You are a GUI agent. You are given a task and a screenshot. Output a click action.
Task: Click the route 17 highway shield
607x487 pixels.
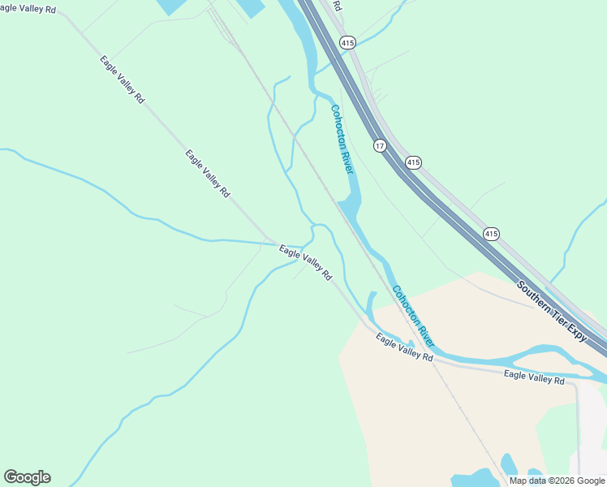point(380,145)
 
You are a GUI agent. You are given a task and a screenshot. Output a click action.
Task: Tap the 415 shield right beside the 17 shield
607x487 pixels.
point(413,162)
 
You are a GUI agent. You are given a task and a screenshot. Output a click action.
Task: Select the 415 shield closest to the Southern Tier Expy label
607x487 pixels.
point(491,234)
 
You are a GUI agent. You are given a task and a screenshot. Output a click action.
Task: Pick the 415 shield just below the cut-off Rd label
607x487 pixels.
point(347,42)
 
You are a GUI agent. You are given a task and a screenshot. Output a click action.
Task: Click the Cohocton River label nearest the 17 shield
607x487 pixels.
point(342,138)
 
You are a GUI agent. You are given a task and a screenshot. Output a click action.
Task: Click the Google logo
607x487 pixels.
point(27,477)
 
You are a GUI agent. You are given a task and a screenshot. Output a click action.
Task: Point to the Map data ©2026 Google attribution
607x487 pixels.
point(557,481)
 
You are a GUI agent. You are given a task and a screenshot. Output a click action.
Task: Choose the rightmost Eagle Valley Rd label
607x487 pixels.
point(533,377)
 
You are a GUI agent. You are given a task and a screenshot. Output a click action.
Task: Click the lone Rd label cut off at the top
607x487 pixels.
point(336,5)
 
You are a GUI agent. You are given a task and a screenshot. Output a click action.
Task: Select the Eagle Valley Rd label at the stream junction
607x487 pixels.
point(305,263)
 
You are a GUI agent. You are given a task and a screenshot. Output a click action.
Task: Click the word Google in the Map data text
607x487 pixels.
point(590,481)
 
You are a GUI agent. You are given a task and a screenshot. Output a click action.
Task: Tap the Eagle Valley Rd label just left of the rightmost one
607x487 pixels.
point(404,350)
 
